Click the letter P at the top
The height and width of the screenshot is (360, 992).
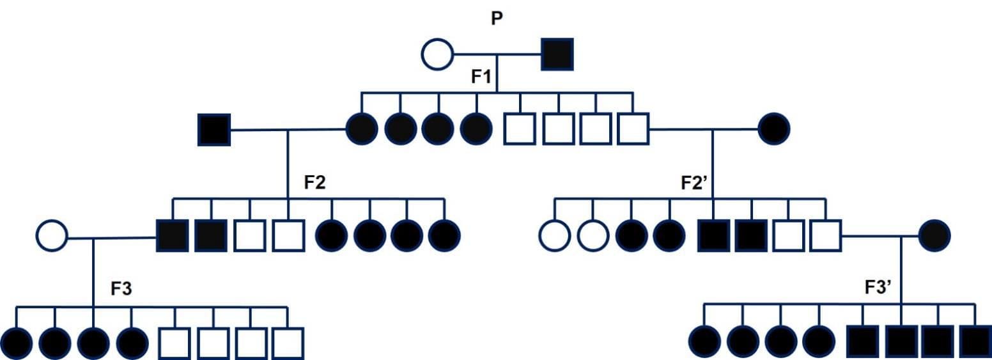[x=497, y=19]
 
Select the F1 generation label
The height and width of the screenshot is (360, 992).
[x=481, y=77]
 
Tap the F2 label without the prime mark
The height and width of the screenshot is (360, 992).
[x=314, y=182]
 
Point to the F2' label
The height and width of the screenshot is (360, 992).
[x=694, y=182]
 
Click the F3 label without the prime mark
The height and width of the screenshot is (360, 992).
[x=121, y=288]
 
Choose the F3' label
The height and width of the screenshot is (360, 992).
[x=878, y=288]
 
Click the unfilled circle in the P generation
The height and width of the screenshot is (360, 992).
[x=437, y=54]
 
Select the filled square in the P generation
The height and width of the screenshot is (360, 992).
[x=557, y=54]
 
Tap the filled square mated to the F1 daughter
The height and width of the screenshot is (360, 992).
[x=214, y=129]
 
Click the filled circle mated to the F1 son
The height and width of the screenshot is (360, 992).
[x=773, y=129]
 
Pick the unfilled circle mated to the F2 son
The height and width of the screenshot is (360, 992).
[x=52, y=236]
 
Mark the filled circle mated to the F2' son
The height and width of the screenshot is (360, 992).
[x=934, y=236]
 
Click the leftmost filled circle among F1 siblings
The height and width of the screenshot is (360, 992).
[x=362, y=129]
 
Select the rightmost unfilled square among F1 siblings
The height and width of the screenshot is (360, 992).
[x=633, y=129]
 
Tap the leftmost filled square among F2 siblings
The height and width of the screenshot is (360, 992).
[x=173, y=236]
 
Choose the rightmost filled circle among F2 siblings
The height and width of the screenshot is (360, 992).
[x=444, y=236]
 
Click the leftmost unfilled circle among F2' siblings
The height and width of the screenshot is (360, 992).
[x=554, y=236]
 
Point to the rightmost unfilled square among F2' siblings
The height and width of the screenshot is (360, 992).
[x=826, y=236]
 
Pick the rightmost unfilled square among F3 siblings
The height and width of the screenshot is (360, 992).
[x=288, y=343]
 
